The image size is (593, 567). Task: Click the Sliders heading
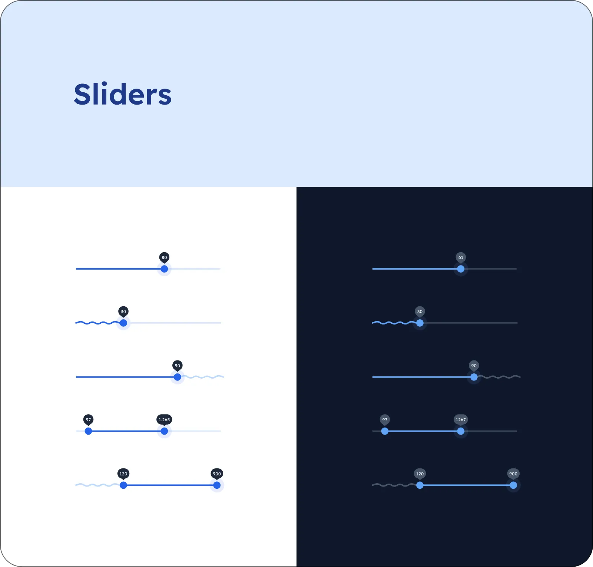point(123,94)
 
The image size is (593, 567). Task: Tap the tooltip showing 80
point(164,258)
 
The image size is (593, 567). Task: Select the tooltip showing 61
point(461,258)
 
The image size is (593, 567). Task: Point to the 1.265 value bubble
point(164,420)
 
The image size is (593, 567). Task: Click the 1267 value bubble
point(461,420)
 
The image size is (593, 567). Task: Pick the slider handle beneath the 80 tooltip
point(164,269)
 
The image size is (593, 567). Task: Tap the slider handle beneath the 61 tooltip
point(461,269)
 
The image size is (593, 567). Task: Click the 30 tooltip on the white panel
point(123,312)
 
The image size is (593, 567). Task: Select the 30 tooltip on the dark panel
point(420,312)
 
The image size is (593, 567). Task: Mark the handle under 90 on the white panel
point(178,377)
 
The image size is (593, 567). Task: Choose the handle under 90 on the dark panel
point(474,377)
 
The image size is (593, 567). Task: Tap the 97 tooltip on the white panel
point(88,420)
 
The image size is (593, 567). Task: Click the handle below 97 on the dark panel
point(385,431)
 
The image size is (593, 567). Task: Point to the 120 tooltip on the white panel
point(123,474)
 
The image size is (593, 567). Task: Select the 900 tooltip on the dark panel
point(513,474)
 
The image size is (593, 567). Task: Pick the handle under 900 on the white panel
point(217,485)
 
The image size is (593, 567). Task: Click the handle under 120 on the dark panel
point(420,485)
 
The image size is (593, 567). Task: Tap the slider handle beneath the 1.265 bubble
point(164,431)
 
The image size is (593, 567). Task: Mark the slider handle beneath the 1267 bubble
point(461,431)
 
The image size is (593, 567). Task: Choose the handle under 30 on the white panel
point(123,323)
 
